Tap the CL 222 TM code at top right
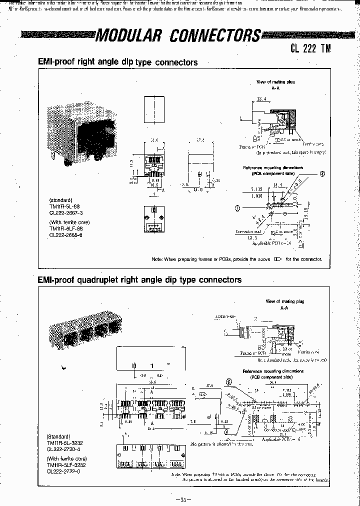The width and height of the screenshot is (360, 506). [x=310, y=48]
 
